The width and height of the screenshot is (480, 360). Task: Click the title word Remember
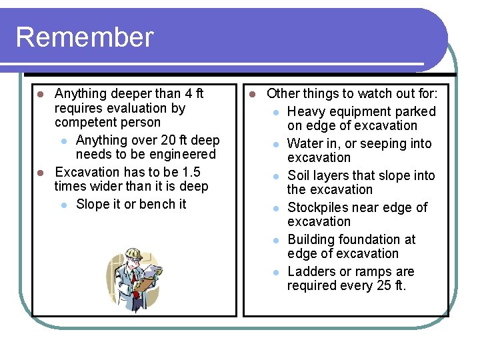click(84, 37)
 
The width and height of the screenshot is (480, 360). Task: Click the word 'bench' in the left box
click(156, 204)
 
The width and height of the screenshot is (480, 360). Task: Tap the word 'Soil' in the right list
click(299, 175)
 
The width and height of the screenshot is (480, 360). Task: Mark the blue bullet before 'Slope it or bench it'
click(62, 205)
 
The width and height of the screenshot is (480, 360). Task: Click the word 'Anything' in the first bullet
click(81, 93)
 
